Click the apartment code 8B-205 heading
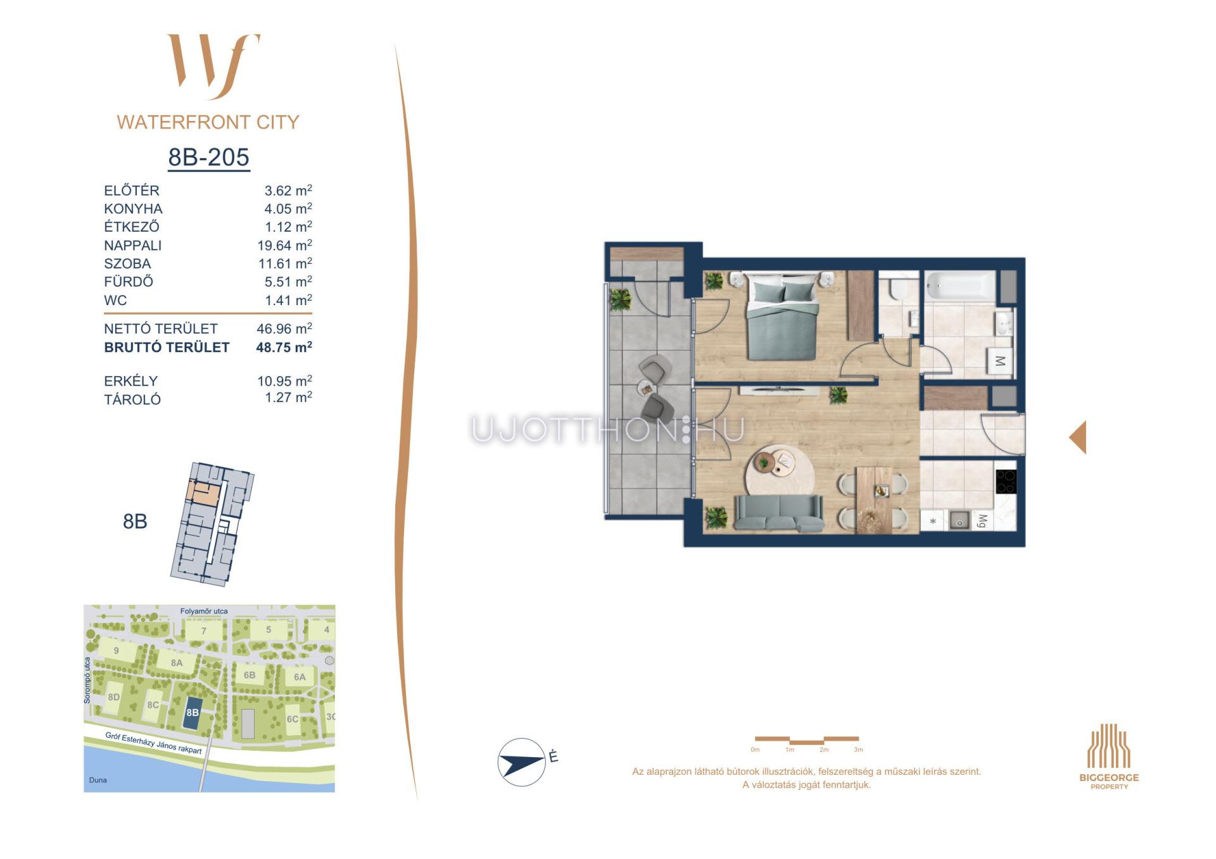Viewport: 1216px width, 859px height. pyautogui.click(x=208, y=157)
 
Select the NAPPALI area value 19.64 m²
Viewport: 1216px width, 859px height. pyautogui.click(x=284, y=245)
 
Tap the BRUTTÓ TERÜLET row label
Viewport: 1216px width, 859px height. pyautogui.click(x=167, y=347)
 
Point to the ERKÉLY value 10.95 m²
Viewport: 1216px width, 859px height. pyautogui.click(x=284, y=380)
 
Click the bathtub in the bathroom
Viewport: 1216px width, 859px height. pyautogui.click(x=960, y=286)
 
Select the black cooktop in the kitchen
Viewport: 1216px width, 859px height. pyautogui.click(x=1006, y=482)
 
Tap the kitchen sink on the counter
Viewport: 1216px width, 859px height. pyautogui.click(x=959, y=521)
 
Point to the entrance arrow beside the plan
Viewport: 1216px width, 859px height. pyautogui.click(x=1078, y=437)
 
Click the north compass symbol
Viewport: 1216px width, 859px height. pyautogui.click(x=522, y=762)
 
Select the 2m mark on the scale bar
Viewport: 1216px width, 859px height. pyautogui.click(x=824, y=749)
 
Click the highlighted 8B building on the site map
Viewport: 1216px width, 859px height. pyautogui.click(x=193, y=712)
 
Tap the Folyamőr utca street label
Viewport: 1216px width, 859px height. pyautogui.click(x=204, y=611)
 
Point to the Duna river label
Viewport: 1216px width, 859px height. pyautogui.click(x=98, y=780)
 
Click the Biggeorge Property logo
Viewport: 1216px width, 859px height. pyautogui.click(x=1109, y=756)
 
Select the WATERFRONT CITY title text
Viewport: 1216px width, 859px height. pyautogui.click(x=208, y=122)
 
